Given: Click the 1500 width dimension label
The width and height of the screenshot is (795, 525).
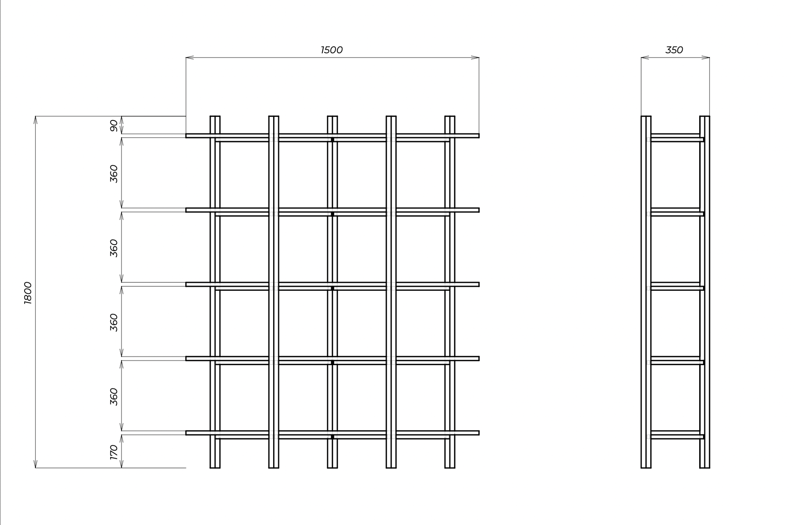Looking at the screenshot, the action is pyautogui.click(x=332, y=50).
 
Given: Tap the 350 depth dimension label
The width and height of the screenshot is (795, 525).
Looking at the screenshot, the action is pyautogui.click(x=674, y=50).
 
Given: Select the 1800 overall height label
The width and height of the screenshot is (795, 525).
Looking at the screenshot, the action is pyautogui.click(x=28, y=293).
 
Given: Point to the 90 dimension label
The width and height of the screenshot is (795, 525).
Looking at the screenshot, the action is pyautogui.click(x=114, y=125).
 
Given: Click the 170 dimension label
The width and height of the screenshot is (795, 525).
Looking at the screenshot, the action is pyautogui.click(x=114, y=452).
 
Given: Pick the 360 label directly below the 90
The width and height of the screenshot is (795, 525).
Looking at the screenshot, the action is pyautogui.click(x=114, y=173).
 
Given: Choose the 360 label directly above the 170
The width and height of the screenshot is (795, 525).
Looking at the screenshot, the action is pyautogui.click(x=114, y=397).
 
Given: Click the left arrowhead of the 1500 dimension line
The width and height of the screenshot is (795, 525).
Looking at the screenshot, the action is pyautogui.click(x=189, y=58).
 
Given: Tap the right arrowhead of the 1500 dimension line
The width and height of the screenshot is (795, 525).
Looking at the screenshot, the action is pyautogui.click(x=475, y=58).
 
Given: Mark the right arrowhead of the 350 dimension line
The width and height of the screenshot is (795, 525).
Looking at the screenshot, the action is pyautogui.click(x=706, y=58).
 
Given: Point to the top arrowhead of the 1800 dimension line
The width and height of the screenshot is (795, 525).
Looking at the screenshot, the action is pyautogui.click(x=35, y=120).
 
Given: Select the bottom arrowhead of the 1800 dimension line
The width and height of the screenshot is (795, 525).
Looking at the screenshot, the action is pyautogui.click(x=35, y=464).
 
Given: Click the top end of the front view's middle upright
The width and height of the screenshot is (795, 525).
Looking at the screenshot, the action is pyautogui.click(x=332, y=117).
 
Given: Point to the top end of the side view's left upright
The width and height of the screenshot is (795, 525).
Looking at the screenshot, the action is pyautogui.click(x=646, y=117).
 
